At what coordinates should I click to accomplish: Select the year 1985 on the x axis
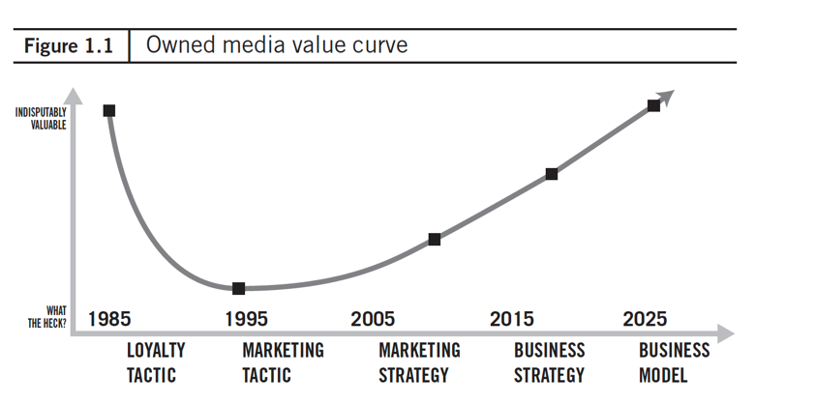pyautogui.click(x=109, y=319)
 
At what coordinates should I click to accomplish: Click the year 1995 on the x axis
pyautogui.click(x=246, y=319)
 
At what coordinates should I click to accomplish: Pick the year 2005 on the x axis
pyautogui.click(x=373, y=319)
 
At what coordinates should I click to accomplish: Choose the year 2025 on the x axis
pyautogui.click(x=645, y=319)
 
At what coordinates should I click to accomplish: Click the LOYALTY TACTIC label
pyautogui.click(x=155, y=361)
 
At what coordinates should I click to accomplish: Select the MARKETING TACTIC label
pyautogui.click(x=283, y=361)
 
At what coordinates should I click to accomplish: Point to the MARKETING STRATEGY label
pyautogui.click(x=418, y=361)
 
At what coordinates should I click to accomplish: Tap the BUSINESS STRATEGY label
pyautogui.click(x=549, y=361)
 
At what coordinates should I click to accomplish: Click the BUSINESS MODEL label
pyautogui.click(x=674, y=361)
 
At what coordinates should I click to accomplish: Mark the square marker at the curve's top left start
pyautogui.click(x=109, y=110)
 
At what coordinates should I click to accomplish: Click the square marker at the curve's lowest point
pyautogui.click(x=238, y=288)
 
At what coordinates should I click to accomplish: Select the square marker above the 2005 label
pyautogui.click(x=434, y=239)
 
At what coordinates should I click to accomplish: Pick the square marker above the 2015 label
pyautogui.click(x=551, y=174)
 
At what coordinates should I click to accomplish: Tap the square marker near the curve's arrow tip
pyautogui.click(x=653, y=105)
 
